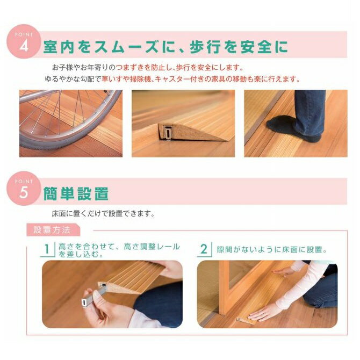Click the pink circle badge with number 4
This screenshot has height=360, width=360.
coord(24,41)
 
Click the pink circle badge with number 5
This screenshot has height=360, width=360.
coord(24,188)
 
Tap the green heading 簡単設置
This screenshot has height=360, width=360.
coord(76,194)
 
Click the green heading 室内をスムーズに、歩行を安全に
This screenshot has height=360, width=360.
coord(165,47)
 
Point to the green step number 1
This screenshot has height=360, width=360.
coord(47,249)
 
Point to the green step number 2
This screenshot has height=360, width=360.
coord(204,249)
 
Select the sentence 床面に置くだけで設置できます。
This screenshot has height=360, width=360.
coord(103,214)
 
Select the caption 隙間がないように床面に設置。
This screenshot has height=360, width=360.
coord(272,249)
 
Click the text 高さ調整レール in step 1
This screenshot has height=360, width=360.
coord(152,247)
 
